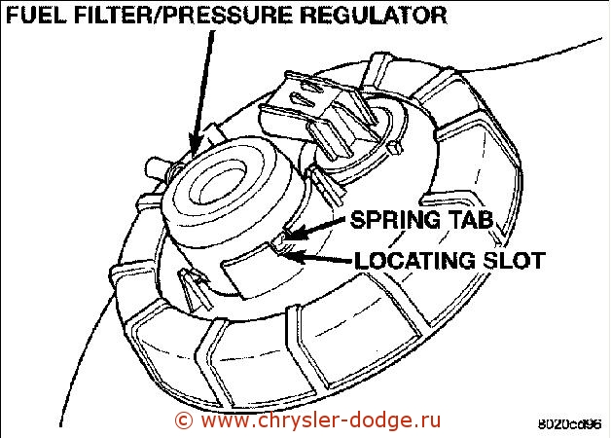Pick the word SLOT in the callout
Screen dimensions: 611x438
[x=514, y=260]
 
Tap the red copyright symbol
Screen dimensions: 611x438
[x=183, y=420]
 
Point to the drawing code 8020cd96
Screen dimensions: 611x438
[x=569, y=424]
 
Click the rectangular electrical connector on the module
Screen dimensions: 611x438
[x=319, y=115]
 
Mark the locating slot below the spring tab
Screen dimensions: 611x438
[x=281, y=249]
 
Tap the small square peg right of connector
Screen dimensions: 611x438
[x=394, y=148]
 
